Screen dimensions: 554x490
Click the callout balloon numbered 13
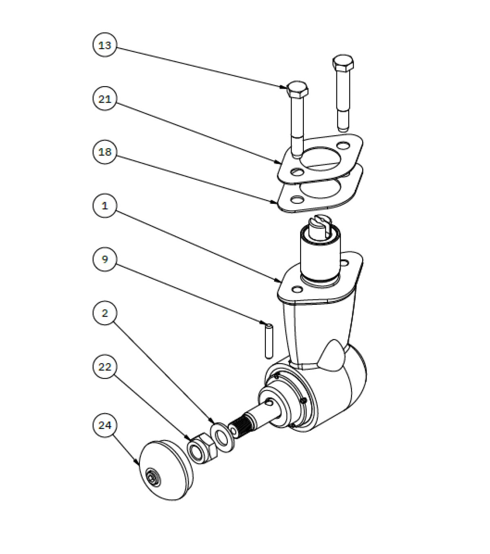point(105,45)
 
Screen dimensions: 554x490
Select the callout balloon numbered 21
point(105,99)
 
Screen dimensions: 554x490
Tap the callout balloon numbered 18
point(105,152)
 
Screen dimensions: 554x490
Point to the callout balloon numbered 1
point(105,206)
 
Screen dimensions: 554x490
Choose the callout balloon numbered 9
point(105,259)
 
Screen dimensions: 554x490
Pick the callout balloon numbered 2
point(105,313)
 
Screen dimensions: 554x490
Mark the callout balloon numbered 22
point(105,367)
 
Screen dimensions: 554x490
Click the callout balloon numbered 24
point(105,425)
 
